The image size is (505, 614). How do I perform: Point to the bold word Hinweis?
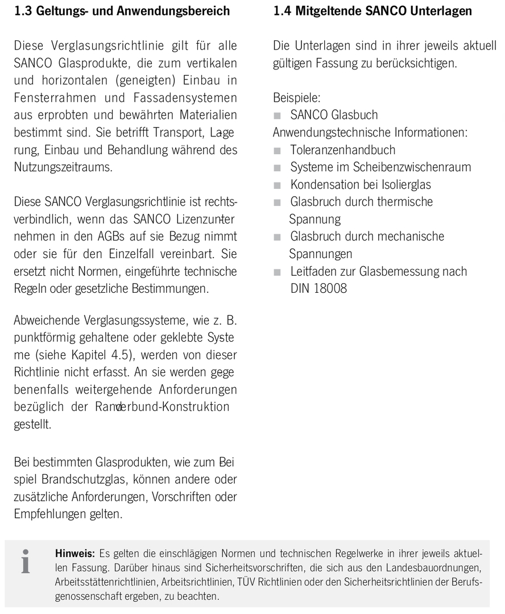[x=75, y=553]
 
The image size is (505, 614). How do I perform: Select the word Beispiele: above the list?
[x=296, y=98]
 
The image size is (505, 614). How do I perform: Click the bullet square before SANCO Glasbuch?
[x=278, y=115]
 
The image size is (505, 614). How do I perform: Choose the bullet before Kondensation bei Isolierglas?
[x=278, y=185]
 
